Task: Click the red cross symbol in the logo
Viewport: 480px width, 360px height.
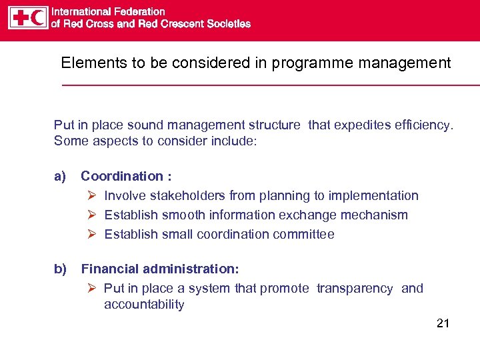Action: pyautogui.click(x=20, y=18)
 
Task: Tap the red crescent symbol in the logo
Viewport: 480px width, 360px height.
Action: pyautogui.click(x=39, y=18)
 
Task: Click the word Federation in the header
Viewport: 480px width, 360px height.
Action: pyautogui.click(x=137, y=11)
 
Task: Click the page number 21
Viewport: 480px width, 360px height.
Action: pyautogui.click(x=443, y=323)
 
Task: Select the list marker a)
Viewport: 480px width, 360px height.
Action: pyautogui.click(x=60, y=176)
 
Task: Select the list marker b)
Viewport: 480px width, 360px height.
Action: pyautogui.click(x=60, y=269)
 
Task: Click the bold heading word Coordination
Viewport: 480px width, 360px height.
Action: pyautogui.click(x=122, y=176)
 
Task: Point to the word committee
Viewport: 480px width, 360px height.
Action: pyautogui.click(x=307, y=234)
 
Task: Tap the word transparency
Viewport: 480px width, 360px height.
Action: pyautogui.click(x=355, y=288)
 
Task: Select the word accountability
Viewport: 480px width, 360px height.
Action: pyautogui.click(x=144, y=305)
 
